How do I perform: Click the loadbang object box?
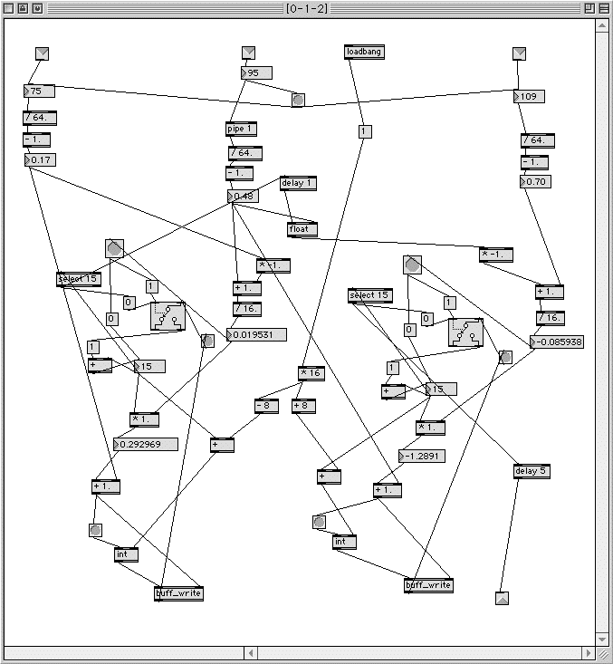pyautogui.click(x=364, y=53)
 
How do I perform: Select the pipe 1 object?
pyautogui.click(x=242, y=130)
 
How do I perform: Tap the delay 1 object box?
pyautogui.click(x=298, y=183)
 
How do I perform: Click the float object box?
pyautogui.click(x=300, y=229)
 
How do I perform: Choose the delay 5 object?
pyautogui.click(x=532, y=471)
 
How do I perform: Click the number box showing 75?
pyautogui.click(x=39, y=91)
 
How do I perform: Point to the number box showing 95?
pyautogui.click(x=256, y=72)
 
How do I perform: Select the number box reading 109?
pyautogui.click(x=530, y=96)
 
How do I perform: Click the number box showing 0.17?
pyautogui.click(x=41, y=160)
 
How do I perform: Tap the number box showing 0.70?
pyautogui.click(x=536, y=181)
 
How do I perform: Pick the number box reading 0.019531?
pyautogui.click(x=257, y=335)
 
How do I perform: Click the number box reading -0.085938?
pyautogui.click(x=557, y=342)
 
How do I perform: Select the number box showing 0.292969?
pyautogui.click(x=145, y=444)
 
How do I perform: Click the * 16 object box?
pyautogui.click(x=311, y=373)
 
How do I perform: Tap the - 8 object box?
pyautogui.click(x=266, y=406)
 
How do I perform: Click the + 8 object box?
pyautogui.click(x=303, y=406)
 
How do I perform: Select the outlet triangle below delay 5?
pyautogui.click(x=503, y=598)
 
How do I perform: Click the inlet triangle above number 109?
pyautogui.click(x=519, y=53)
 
